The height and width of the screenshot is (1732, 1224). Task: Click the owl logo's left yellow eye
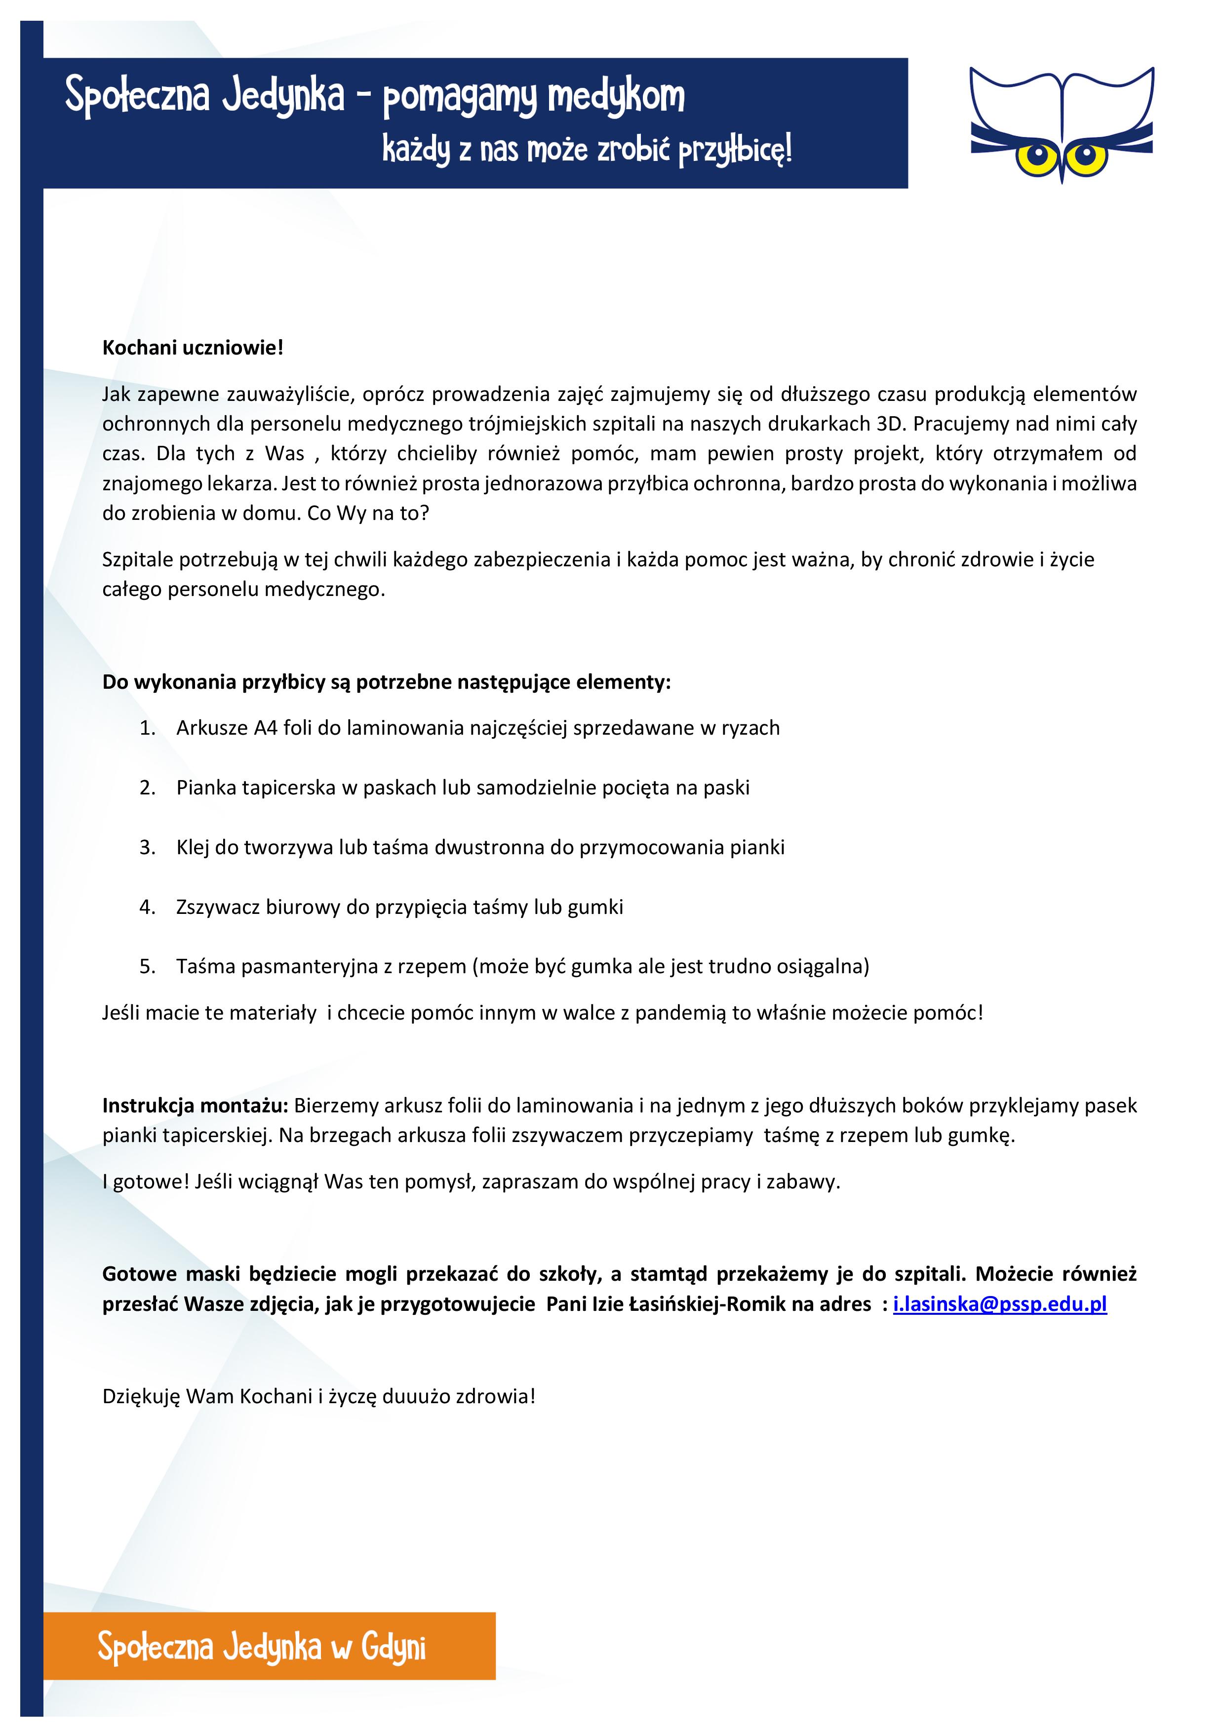1038,157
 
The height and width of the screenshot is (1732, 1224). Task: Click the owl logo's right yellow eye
1086,157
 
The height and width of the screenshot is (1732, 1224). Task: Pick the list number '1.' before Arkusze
148,728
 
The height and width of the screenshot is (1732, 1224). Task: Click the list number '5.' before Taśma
148,966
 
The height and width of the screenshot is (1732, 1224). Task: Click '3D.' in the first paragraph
890,424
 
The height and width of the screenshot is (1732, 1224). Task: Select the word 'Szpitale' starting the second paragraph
138,560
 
